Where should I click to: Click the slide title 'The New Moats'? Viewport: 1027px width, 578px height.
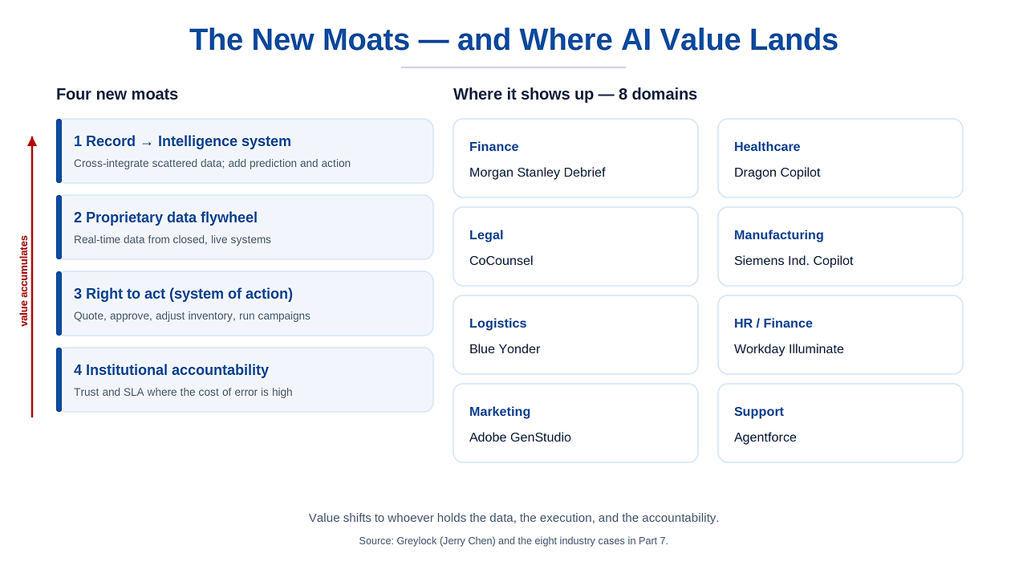tap(299, 39)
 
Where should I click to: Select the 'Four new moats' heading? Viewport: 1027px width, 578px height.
tap(117, 94)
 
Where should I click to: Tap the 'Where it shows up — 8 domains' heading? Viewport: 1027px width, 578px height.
tap(575, 94)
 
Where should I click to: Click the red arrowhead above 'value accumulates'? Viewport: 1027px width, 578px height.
tap(32, 141)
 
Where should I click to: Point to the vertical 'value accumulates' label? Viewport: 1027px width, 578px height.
tap(24, 281)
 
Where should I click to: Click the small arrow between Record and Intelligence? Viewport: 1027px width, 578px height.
tap(147, 144)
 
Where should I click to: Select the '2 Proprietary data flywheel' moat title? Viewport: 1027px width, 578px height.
tap(165, 218)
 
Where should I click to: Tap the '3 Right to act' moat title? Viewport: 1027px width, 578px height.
tap(183, 294)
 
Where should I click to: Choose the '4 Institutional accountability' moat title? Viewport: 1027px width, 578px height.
tap(171, 370)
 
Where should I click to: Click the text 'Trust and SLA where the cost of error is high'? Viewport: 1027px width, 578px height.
tap(183, 393)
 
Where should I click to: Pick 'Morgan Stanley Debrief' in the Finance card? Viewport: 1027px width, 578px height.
tap(538, 173)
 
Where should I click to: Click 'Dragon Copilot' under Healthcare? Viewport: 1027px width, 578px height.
tap(777, 173)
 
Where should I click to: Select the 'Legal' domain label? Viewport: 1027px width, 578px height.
tap(486, 235)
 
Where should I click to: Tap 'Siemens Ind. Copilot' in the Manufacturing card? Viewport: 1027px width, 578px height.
tap(794, 261)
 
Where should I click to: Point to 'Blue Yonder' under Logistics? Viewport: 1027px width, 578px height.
tap(505, 349)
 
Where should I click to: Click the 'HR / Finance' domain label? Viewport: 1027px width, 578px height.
tap(773, 324)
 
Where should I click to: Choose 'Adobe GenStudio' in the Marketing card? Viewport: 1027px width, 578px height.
tap(520, 438)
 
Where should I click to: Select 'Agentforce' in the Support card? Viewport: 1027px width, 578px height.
tap(765, 438)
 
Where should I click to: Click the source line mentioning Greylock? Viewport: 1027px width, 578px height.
tap(513, 541)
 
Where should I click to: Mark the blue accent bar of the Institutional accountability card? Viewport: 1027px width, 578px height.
tap(59, 380)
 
